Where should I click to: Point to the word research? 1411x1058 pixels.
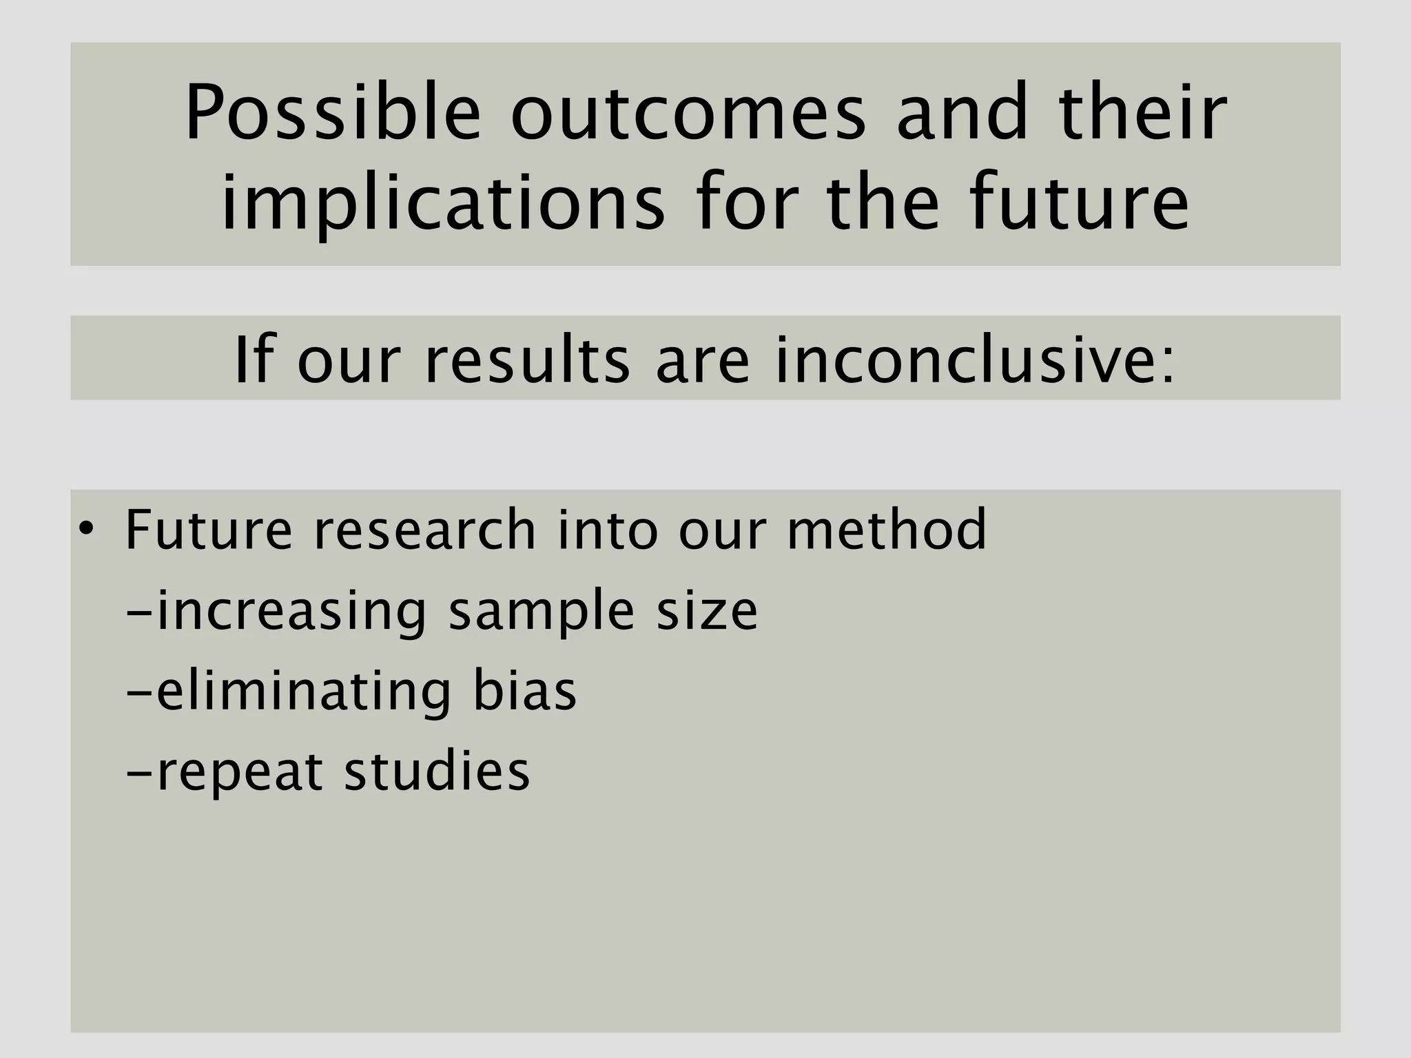click(424, 530)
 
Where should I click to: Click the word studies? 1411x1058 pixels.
click(437, 771)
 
